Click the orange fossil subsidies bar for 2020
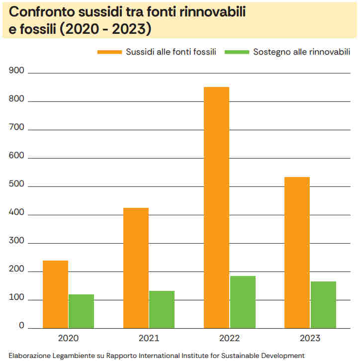click(55, 294)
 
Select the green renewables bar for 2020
click(81, 311)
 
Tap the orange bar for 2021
click(136, 268)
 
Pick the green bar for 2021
click(162, 309)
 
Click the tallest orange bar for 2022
click(216, 208)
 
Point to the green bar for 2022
click(243, 302)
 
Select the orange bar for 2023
click(297, 253)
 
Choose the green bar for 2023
click(323, 305)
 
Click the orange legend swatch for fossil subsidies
click(109, 52)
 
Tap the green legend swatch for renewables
click(236, 52)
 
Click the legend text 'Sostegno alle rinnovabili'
click(302, 52)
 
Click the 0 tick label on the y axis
click(21, 326)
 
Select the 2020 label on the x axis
click(68, 338)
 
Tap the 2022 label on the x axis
click(229, 338)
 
